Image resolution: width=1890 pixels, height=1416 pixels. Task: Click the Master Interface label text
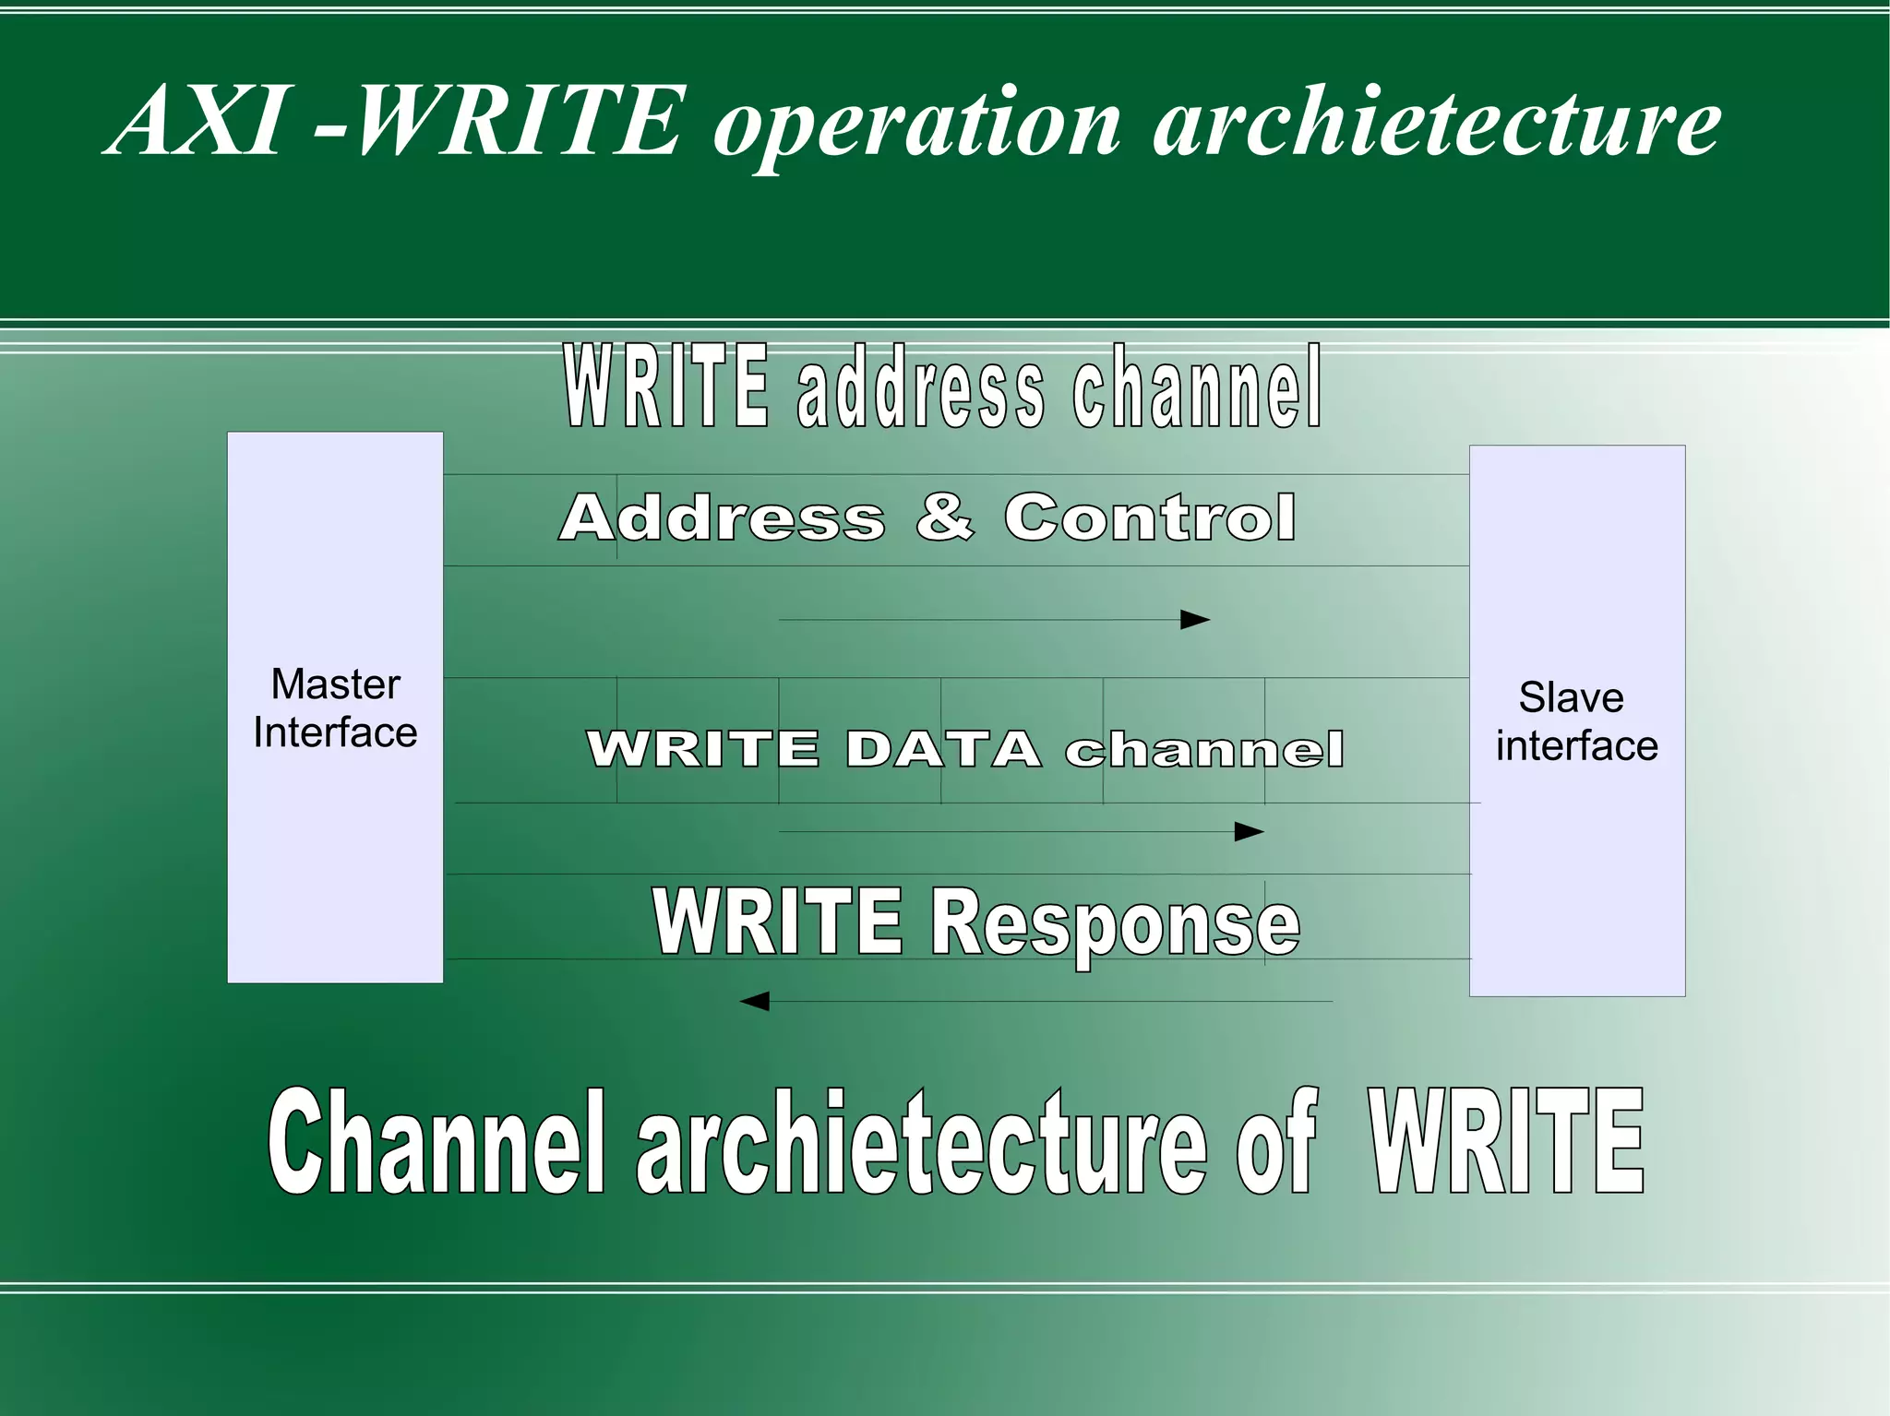click(335, 708)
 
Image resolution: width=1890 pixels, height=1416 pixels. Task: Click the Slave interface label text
click(1576, 721)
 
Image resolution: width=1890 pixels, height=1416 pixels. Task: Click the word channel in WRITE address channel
click(1197, 387)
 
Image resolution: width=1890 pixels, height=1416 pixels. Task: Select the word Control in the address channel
click(1150, 518)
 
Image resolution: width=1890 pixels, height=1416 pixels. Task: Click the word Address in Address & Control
click(722, 518)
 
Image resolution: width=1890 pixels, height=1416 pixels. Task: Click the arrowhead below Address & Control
click(1195, 620)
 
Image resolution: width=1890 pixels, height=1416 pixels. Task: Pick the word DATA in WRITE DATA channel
click(942, 748)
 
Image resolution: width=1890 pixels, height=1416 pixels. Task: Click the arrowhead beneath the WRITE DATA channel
click(1249, 832)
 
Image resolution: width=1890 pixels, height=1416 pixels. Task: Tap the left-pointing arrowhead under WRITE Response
click(755, 1001)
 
